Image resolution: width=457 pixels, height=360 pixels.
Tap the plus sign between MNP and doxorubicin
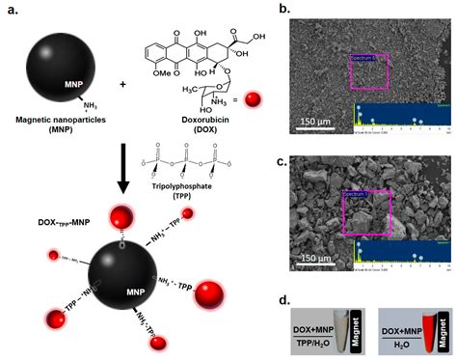coord(123,85)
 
